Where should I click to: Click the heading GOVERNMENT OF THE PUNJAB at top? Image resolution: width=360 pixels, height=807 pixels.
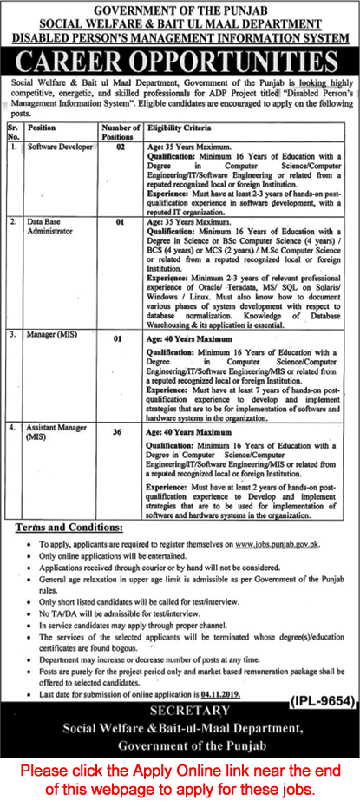pyautogui.click(x=180, y=7)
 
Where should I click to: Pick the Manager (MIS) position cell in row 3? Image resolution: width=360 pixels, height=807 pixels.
pyautogui.click(x=53, y=332)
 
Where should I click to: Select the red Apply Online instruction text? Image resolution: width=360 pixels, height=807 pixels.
pyautogui.click(x=180, y=778)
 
